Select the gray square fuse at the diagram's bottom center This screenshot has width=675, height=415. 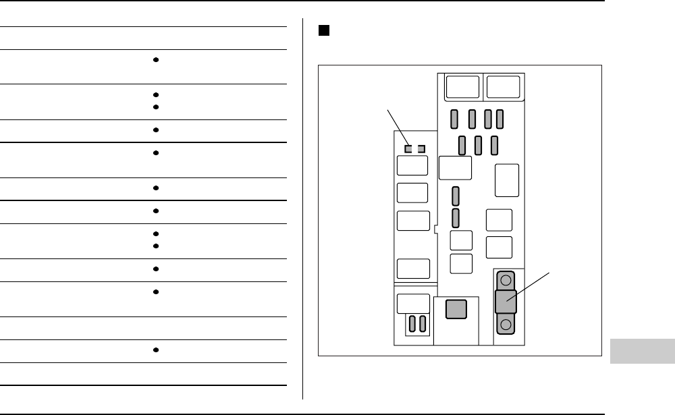point(456,310)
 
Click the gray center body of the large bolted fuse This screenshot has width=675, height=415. point(506,302)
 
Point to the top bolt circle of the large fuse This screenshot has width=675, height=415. point(506,278)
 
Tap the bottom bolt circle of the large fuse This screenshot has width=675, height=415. point(506,326)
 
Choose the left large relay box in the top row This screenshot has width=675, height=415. point(463,88)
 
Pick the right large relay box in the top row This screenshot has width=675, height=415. point(503,88)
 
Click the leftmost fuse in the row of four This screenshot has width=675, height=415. point(455,119)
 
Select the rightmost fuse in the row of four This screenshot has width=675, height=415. point(500,119)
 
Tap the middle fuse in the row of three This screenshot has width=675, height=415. point(478,144)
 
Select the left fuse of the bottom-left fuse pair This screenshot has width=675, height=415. point(412,323)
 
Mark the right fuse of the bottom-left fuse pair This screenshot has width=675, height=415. point(423,323)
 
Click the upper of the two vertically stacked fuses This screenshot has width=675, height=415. point(456,196)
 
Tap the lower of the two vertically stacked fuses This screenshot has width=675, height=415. point(456,217)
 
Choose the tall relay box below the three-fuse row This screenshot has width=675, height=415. point(507,180)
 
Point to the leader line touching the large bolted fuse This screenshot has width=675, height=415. point(530,287)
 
